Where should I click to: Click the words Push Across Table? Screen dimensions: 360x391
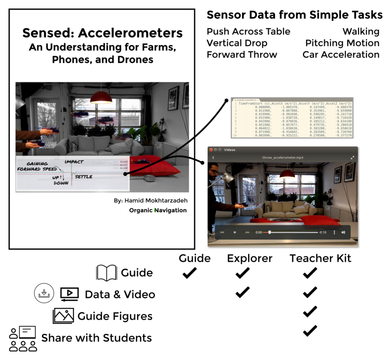point(248,32)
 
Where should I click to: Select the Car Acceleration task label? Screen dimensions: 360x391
point(341,54)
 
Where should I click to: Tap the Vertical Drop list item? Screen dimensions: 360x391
point(237,43)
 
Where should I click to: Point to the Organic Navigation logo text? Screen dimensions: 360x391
point(158,211)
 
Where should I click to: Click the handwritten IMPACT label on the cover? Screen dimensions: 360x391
point(74,162)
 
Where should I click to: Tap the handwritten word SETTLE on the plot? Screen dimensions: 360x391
point(84,177)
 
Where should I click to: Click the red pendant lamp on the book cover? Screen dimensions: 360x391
point(101,98)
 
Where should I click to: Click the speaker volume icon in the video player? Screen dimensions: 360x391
point(343,232)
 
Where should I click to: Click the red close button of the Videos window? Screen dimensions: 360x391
point(211,150)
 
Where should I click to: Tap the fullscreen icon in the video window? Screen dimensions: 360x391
point(352,158)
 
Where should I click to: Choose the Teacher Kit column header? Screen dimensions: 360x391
point(320,258)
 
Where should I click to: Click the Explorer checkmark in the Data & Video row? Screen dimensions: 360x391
point(242,292)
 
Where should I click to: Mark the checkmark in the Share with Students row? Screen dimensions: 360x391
point(310,331)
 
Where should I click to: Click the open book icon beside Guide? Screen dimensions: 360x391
point(106,273)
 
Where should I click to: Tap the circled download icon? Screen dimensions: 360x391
point(44,293)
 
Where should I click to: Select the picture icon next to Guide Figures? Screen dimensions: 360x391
point(63,316)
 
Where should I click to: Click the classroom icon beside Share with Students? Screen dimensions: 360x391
point(23,339)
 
